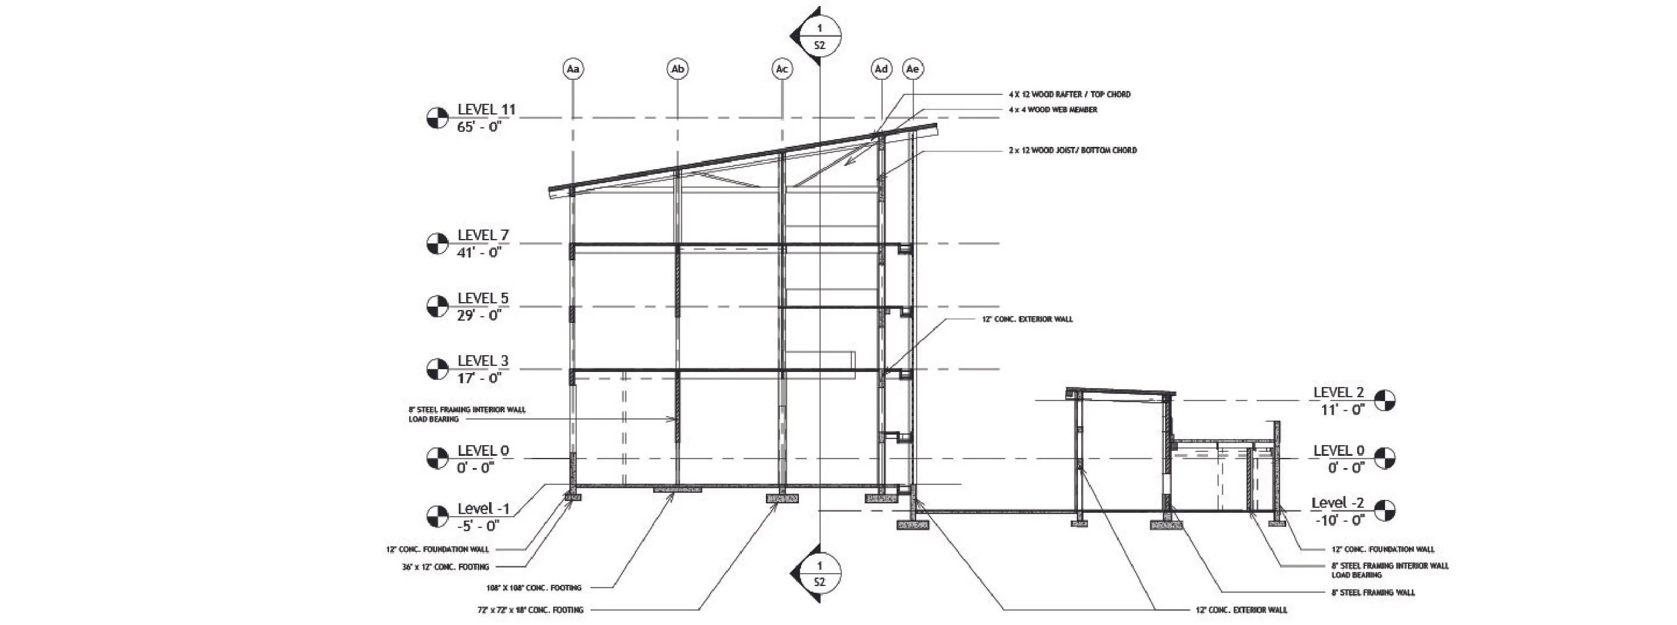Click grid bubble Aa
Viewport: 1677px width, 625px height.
(x=572, y=69)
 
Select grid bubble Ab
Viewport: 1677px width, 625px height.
(x=678, y=69)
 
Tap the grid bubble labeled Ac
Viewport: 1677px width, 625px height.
(x=781, y=69)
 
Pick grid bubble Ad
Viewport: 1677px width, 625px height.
(x=881, y=69)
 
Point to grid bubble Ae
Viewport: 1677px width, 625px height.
(x=912, y=69)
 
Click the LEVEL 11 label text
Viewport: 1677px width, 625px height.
(x=486, y=109)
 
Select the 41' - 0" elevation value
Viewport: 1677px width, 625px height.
(x=479, y=252)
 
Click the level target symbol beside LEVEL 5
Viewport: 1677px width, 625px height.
(x=437, y=306)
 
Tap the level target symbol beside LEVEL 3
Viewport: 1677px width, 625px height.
(x=437, y=369)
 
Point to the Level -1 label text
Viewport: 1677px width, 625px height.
(x=483, y=509)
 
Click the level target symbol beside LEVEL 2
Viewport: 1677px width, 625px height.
(x=1385, y=401)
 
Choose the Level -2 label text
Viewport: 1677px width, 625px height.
(x=1338, y=503)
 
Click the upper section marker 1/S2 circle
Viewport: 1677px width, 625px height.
(x=819, y=37)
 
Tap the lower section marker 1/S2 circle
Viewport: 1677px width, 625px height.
(x=819, y=573)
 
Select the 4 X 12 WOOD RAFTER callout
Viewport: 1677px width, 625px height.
(x=1069, y=95)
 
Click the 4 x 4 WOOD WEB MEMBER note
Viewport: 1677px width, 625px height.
(x=1052, y=110)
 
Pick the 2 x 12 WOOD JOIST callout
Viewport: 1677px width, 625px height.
(x=1072, y=150)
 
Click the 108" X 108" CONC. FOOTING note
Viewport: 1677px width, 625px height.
(x=534, y=588)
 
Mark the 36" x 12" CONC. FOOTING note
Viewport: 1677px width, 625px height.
(x=445, y=567)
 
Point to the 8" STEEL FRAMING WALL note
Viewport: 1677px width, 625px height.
(x=1373, y=593)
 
